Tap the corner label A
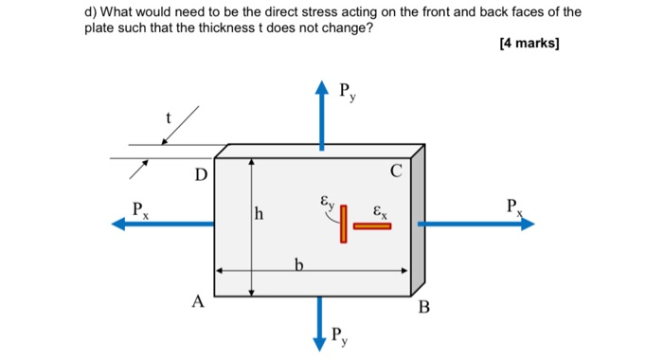(197, 302)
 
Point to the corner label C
(395, 171)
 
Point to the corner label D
(200, 175)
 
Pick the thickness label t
(169, 118)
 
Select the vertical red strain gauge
(344, 224)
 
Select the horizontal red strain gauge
(372, 226)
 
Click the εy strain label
(326, 202)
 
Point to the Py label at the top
(348, 93)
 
